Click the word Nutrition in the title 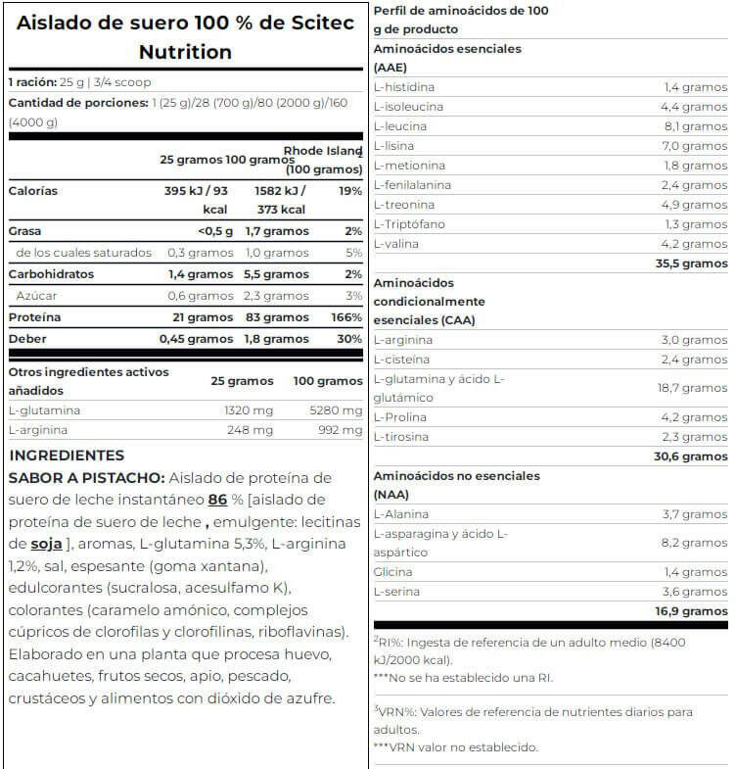tap(185, 52)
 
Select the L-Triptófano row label tap(410, 224)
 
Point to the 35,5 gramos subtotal tap(691, 264)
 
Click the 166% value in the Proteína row tap(346, 317)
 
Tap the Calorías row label tap(32, 191)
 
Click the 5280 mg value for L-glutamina tap(337, 410)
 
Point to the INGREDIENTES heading tap(67, 456)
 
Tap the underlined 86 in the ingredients tap(218, 500)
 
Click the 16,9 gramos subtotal tap(691, 611)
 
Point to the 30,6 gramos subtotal tap(691, 457)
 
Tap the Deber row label tap(27, 339)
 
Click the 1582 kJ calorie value tap(280, 191)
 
